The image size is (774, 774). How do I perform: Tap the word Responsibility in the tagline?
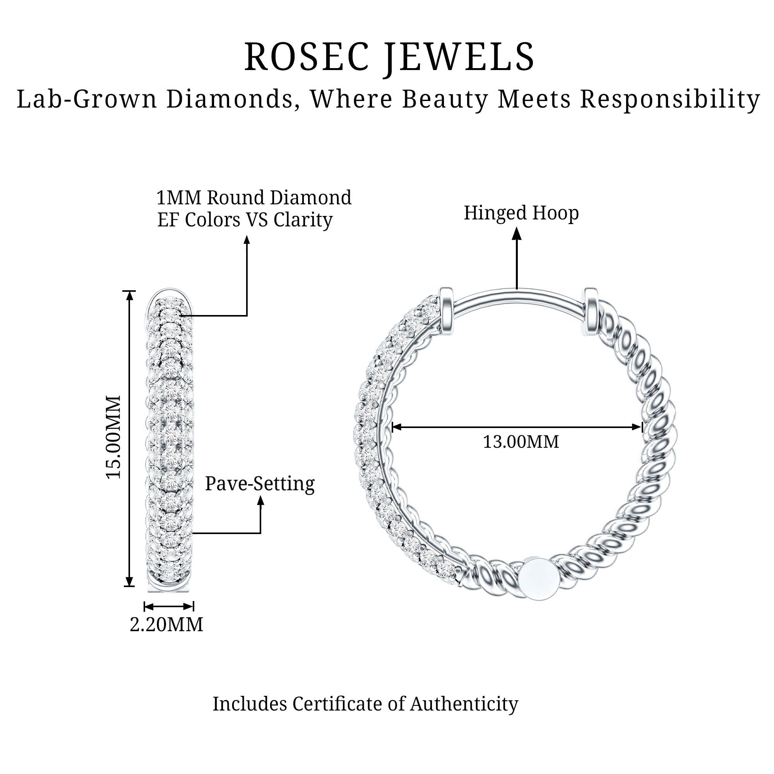click(670, 99)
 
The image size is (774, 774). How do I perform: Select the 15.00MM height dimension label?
click(114, 437)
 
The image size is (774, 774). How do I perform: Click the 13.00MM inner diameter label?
click(521, 442)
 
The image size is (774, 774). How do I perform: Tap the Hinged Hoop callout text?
click(521, 213)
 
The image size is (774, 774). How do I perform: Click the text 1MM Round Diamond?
click(254, 197)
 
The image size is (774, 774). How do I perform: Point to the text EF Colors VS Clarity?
click(245, 219)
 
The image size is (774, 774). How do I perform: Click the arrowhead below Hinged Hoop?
click(517, 233)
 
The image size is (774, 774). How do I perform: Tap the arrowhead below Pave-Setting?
click(261, 502)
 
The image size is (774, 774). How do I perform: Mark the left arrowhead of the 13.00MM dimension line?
click(396, 427)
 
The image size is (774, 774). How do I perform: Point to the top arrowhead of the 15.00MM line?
click(129, 296)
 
